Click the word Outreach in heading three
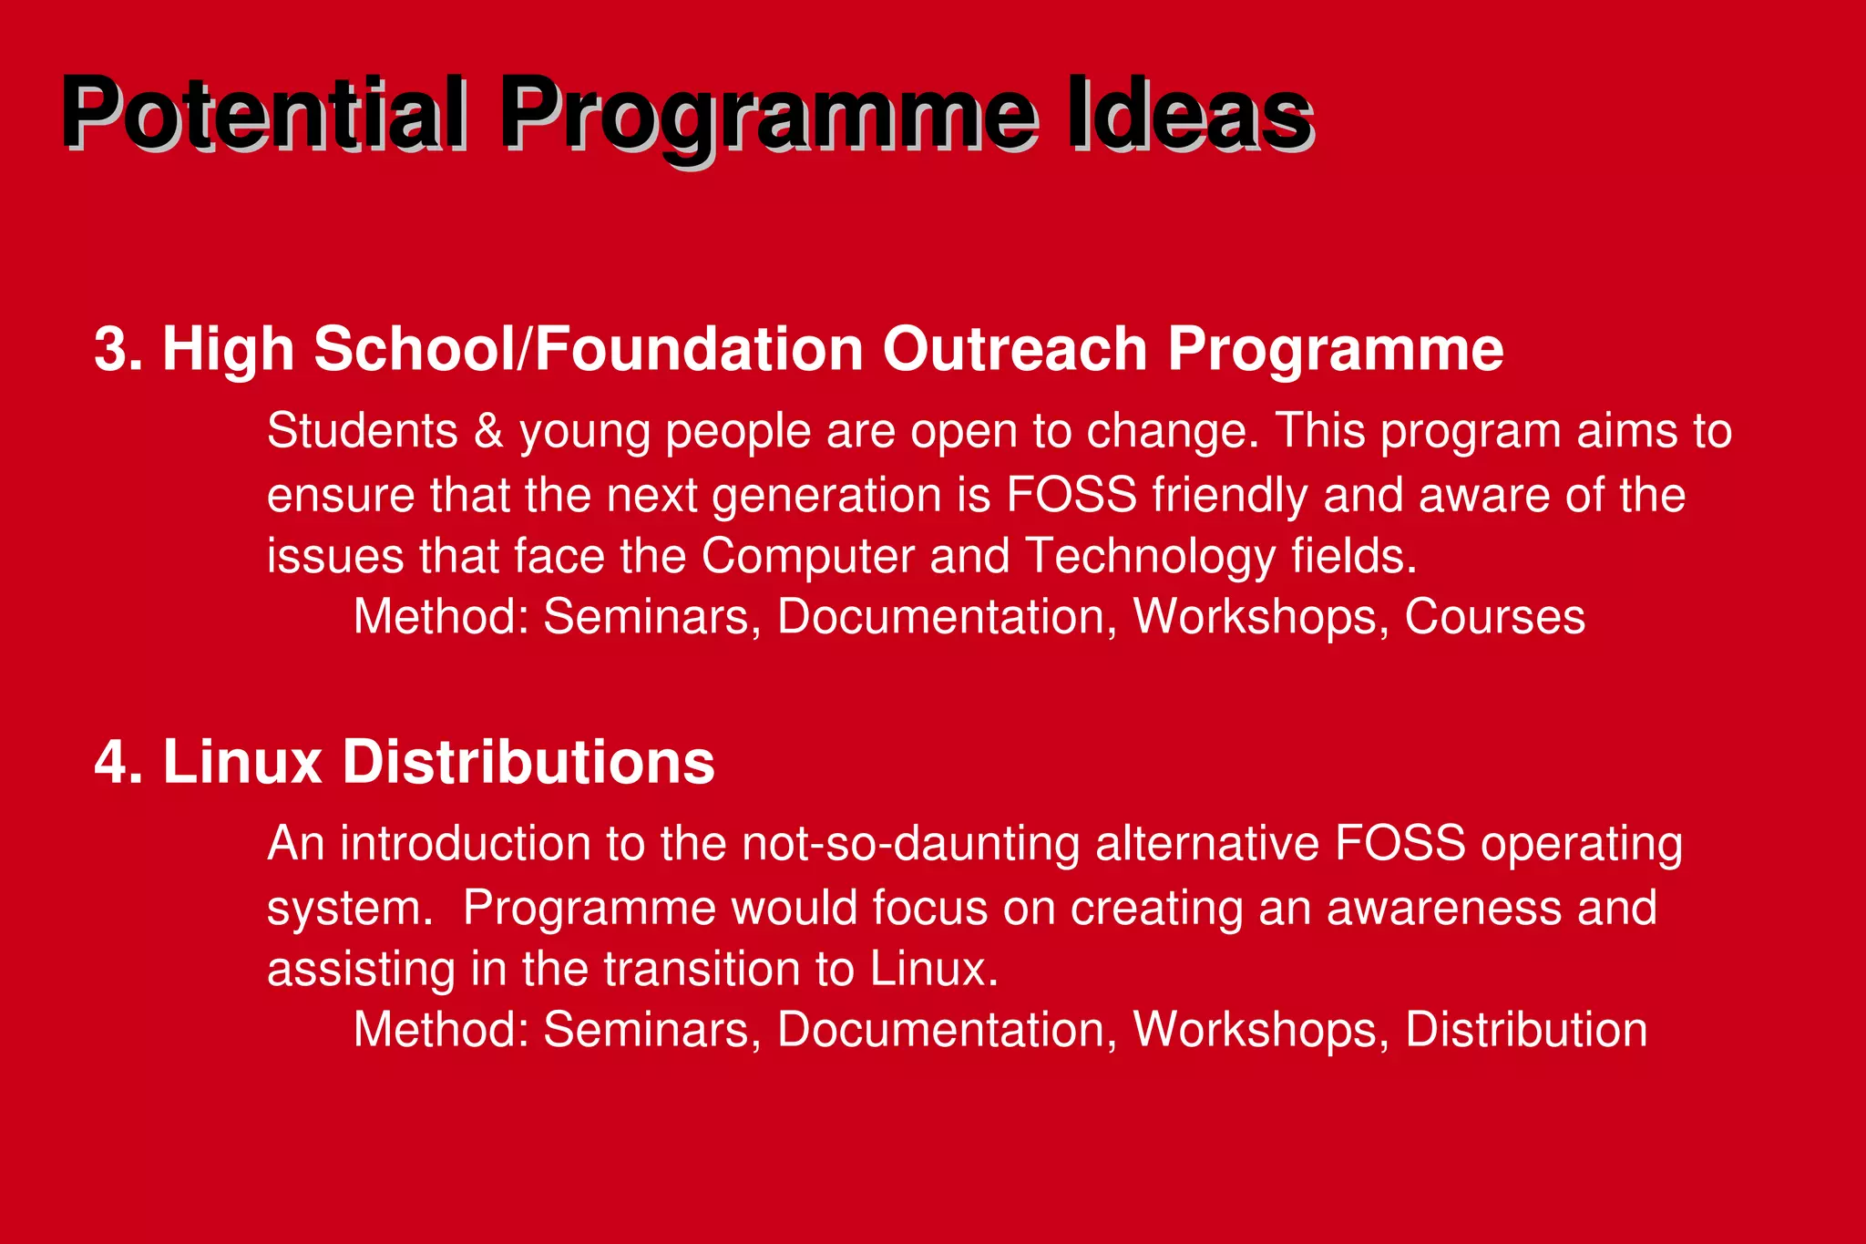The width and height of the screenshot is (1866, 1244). (1014, 349)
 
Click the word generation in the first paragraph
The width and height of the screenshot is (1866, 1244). (826, 495)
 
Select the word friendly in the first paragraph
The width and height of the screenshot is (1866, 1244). (1229, 495)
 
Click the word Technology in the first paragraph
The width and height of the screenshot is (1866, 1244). (1150, 556)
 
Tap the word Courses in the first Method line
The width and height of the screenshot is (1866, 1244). (1494, 617)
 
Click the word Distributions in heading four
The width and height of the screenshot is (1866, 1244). (528, 762)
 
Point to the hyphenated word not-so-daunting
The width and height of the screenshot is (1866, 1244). (910, 843)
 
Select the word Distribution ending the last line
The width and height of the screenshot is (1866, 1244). (1526, 1030)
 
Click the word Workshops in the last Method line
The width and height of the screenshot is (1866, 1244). (1261, 1030)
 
